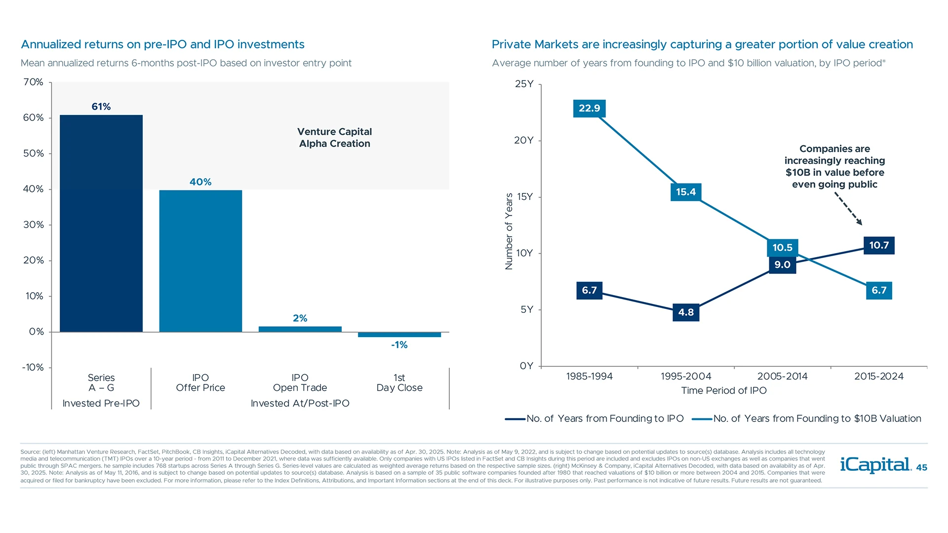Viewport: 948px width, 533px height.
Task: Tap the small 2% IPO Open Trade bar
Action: coord(300,329)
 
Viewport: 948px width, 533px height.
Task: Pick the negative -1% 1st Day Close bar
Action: coord(399,335)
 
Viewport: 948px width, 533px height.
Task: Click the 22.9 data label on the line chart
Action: coord(589,108)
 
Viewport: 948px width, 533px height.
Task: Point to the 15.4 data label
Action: coord(685,192)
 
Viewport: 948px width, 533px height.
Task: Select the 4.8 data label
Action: coord(685,312)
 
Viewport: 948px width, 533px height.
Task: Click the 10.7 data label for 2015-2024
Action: coord(878,245)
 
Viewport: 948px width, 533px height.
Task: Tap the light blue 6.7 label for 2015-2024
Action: coord(878,290)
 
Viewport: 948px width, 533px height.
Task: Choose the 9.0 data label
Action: coord(782,265)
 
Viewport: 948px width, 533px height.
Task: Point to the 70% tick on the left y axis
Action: coord(33,82)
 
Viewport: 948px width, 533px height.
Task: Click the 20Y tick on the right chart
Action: coord(523,140)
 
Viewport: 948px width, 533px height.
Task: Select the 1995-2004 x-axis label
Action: coord(685,376)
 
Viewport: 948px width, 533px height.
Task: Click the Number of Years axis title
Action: coord(509,231)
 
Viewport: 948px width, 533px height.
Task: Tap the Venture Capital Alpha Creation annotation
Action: coord(334,138)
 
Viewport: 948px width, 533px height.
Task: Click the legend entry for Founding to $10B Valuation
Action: coord(817,419)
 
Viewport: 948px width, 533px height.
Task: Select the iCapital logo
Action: coord(875,465)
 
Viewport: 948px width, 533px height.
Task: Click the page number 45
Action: coord(921,468)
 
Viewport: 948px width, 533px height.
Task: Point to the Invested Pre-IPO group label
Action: coord(101,403)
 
